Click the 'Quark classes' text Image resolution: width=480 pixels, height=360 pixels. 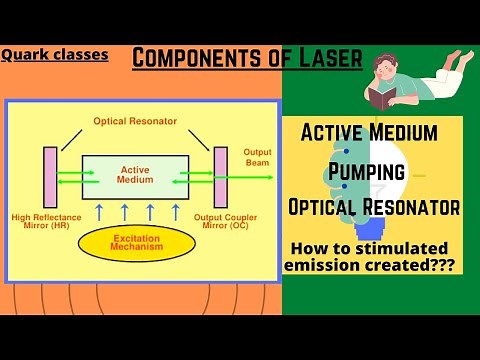(55, 55)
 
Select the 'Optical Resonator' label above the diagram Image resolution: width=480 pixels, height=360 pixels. (135, 120)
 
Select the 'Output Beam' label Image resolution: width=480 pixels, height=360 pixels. (257, 158)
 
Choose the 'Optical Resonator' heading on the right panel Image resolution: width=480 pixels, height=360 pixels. (373, 207)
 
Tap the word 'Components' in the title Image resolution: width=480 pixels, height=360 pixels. (194, 59)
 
